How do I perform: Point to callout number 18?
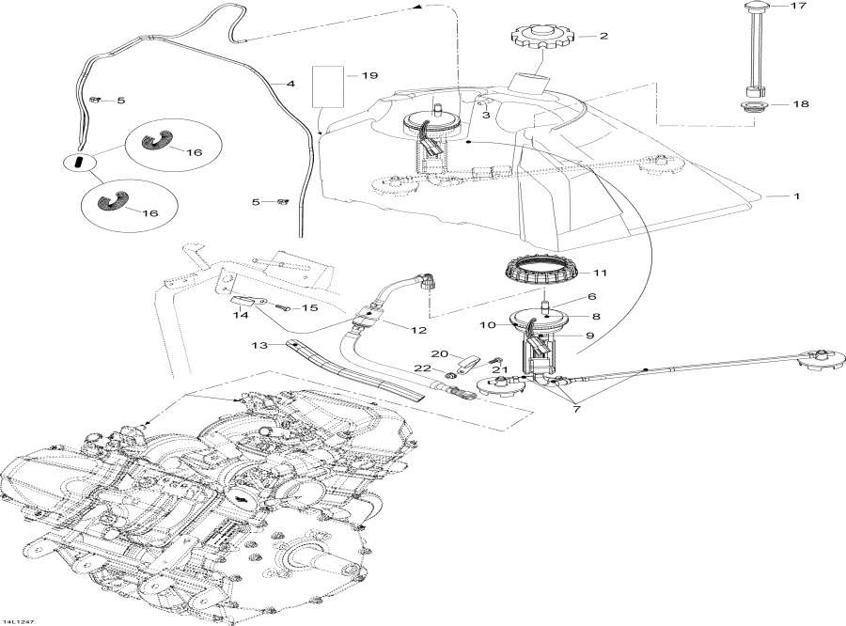tap(801, 104)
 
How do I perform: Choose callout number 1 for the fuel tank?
tap(796, 196)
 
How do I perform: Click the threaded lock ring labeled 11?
tap(540, 274)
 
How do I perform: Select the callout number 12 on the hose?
tap(417, 330)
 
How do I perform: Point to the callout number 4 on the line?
tap(290, 85)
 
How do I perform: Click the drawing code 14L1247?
tap(18, 619)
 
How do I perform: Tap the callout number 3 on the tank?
tap(485, 115)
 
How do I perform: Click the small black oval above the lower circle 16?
tap(79, 163)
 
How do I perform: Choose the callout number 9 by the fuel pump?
tap(590, 335)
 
